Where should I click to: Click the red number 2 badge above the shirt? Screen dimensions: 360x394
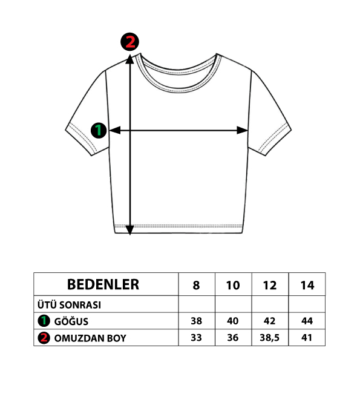[x=129, y=42]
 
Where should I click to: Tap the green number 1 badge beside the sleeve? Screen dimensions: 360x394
[x=99, y=130]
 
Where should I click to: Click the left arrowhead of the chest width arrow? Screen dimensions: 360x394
[x=115, y=130]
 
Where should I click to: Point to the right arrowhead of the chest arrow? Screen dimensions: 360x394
[x=243, y=130]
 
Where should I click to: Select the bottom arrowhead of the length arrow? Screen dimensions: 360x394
[x=129, y=230]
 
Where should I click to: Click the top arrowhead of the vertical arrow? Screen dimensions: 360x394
[x=129, y=59]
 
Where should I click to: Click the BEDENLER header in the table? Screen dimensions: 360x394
[x=103, y=284]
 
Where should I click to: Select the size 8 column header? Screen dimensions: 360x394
[x=196, y=286]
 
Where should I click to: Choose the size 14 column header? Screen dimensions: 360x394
[x=307, y=286]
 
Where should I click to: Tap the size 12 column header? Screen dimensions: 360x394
[x=270, y=286]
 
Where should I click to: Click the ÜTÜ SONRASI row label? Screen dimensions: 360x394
[x=69, y=305]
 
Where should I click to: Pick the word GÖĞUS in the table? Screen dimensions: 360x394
[x=71, y=321]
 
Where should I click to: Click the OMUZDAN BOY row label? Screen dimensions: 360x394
[x=90, y=338]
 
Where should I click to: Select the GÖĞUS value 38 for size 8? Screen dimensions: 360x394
[x=196, y=321]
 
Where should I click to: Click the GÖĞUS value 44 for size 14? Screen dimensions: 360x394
[x=307, y=321]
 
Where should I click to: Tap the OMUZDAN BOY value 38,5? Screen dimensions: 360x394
[x=270, y=338]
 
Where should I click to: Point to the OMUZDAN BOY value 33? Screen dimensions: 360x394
[x=196, y=338]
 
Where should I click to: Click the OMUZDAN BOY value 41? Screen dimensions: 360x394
[x=307, y=338]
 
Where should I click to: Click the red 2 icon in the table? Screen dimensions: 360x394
[x=44, y=338]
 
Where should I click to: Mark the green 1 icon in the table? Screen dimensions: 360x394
[x=44, y=321]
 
